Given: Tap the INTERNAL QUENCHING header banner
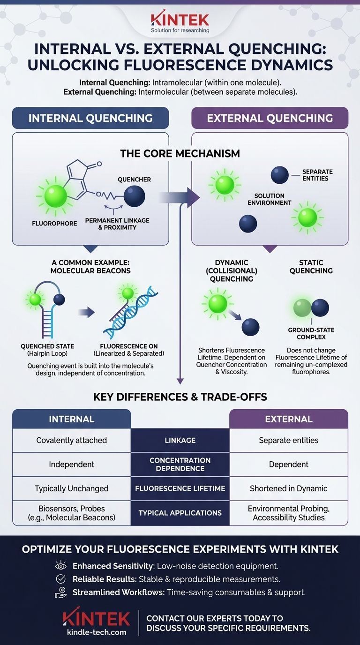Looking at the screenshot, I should click(x=90, y=118).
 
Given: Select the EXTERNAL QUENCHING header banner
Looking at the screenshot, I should click(x=270, y=118).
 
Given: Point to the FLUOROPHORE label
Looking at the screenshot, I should click(x=54, y=224).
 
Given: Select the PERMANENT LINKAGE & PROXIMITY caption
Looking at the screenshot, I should click(x=111, y=224).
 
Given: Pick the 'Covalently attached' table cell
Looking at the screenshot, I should click(x=71, y=440).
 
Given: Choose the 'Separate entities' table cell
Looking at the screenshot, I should click(x=288, y=440).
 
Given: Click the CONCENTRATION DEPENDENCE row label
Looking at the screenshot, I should click(x=180, y=464).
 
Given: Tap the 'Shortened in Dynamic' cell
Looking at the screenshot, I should click(x=288, y=488).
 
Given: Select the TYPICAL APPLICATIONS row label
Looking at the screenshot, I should click(x=180, y=513).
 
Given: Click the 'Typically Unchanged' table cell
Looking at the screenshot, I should click(x=71, y=488).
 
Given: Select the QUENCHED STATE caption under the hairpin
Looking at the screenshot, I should click(x=47, y=350).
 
